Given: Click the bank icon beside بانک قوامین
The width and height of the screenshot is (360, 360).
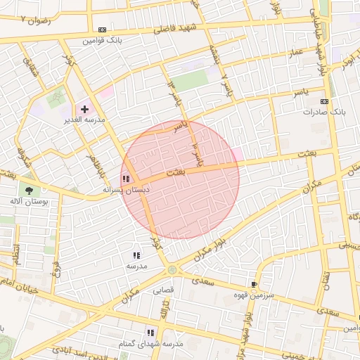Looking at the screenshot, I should click(103, 30).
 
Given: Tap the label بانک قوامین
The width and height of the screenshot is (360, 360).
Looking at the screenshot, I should click(103, 40).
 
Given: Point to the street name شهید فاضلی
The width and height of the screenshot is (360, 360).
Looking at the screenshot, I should click(183, 28).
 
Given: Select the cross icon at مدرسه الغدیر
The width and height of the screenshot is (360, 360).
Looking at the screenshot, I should click(85, 109).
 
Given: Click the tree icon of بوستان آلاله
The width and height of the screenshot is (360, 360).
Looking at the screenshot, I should click(29, 191).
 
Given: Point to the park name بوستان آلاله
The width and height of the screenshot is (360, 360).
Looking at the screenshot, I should click(30, 201).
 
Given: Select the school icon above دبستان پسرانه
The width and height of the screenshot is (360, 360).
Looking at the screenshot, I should click(126, 179).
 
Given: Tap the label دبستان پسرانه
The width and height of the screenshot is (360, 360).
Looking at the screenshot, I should click(123, 189).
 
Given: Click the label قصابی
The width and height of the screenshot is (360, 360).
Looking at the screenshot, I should click(173, 288).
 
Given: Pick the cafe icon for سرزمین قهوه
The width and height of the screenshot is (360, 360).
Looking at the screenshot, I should click(254, 285).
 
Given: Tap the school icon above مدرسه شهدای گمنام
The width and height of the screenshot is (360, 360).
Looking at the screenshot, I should click(150, 333).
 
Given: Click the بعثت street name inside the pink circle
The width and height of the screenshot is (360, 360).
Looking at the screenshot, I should click(175, 172).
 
